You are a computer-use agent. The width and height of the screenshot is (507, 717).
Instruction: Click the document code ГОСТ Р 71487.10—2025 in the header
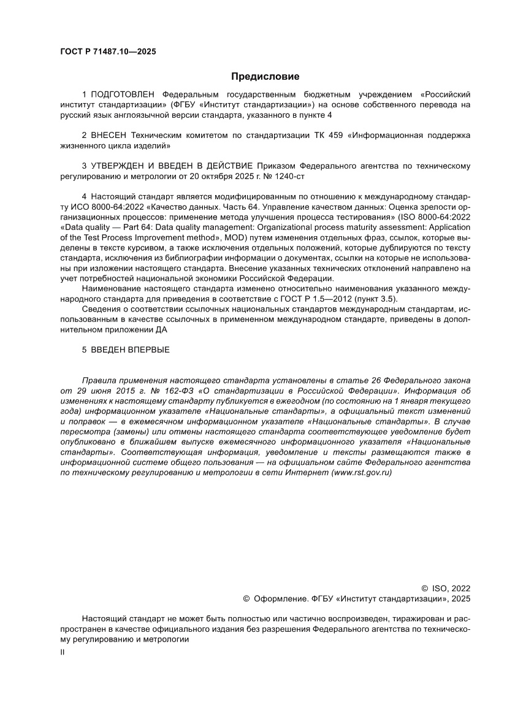108,52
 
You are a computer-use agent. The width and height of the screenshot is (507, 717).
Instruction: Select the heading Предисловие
265,77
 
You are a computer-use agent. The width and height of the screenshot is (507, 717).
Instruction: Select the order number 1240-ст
284,176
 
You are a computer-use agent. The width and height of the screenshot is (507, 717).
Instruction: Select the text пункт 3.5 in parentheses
378,299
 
